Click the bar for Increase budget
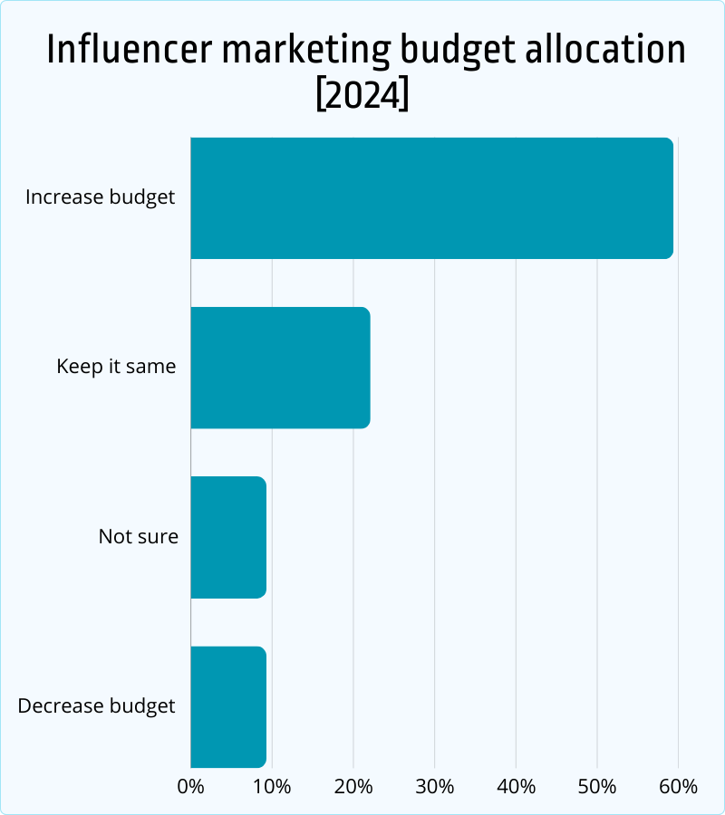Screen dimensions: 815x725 pyautogui.click(x=431, y=198)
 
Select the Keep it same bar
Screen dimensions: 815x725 pyautogui.click(x=280, y=368)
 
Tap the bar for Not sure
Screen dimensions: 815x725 pyautogui.click(x=228, y=537)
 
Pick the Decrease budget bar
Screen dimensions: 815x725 pyautogui.click(x=228, y=706)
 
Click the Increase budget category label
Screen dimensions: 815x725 pyautogui.click(x=100, y=197)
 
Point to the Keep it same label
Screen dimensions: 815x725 pyautogui.click(x=116, y=367)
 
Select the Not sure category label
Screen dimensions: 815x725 pyautogui.click(x=138, y=536)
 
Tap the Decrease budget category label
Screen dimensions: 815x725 pyautogui.click(x=96, y=706)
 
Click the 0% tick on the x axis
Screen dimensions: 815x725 pyautogui.click(x=191, y=786)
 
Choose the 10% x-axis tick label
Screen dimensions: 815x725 pyautogui.click(x=272, y=786)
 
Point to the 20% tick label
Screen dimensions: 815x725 pyautogui.click(x=353, y=786)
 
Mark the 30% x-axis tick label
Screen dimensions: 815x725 pyautogui.click(x=435, y=786)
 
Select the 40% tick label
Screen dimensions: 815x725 pyautogui.click(x=516, y=786)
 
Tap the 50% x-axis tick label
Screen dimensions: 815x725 pyautogui.click(x=597, y=786)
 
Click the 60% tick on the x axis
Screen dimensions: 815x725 pyautogui.click(x=678, y=786)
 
